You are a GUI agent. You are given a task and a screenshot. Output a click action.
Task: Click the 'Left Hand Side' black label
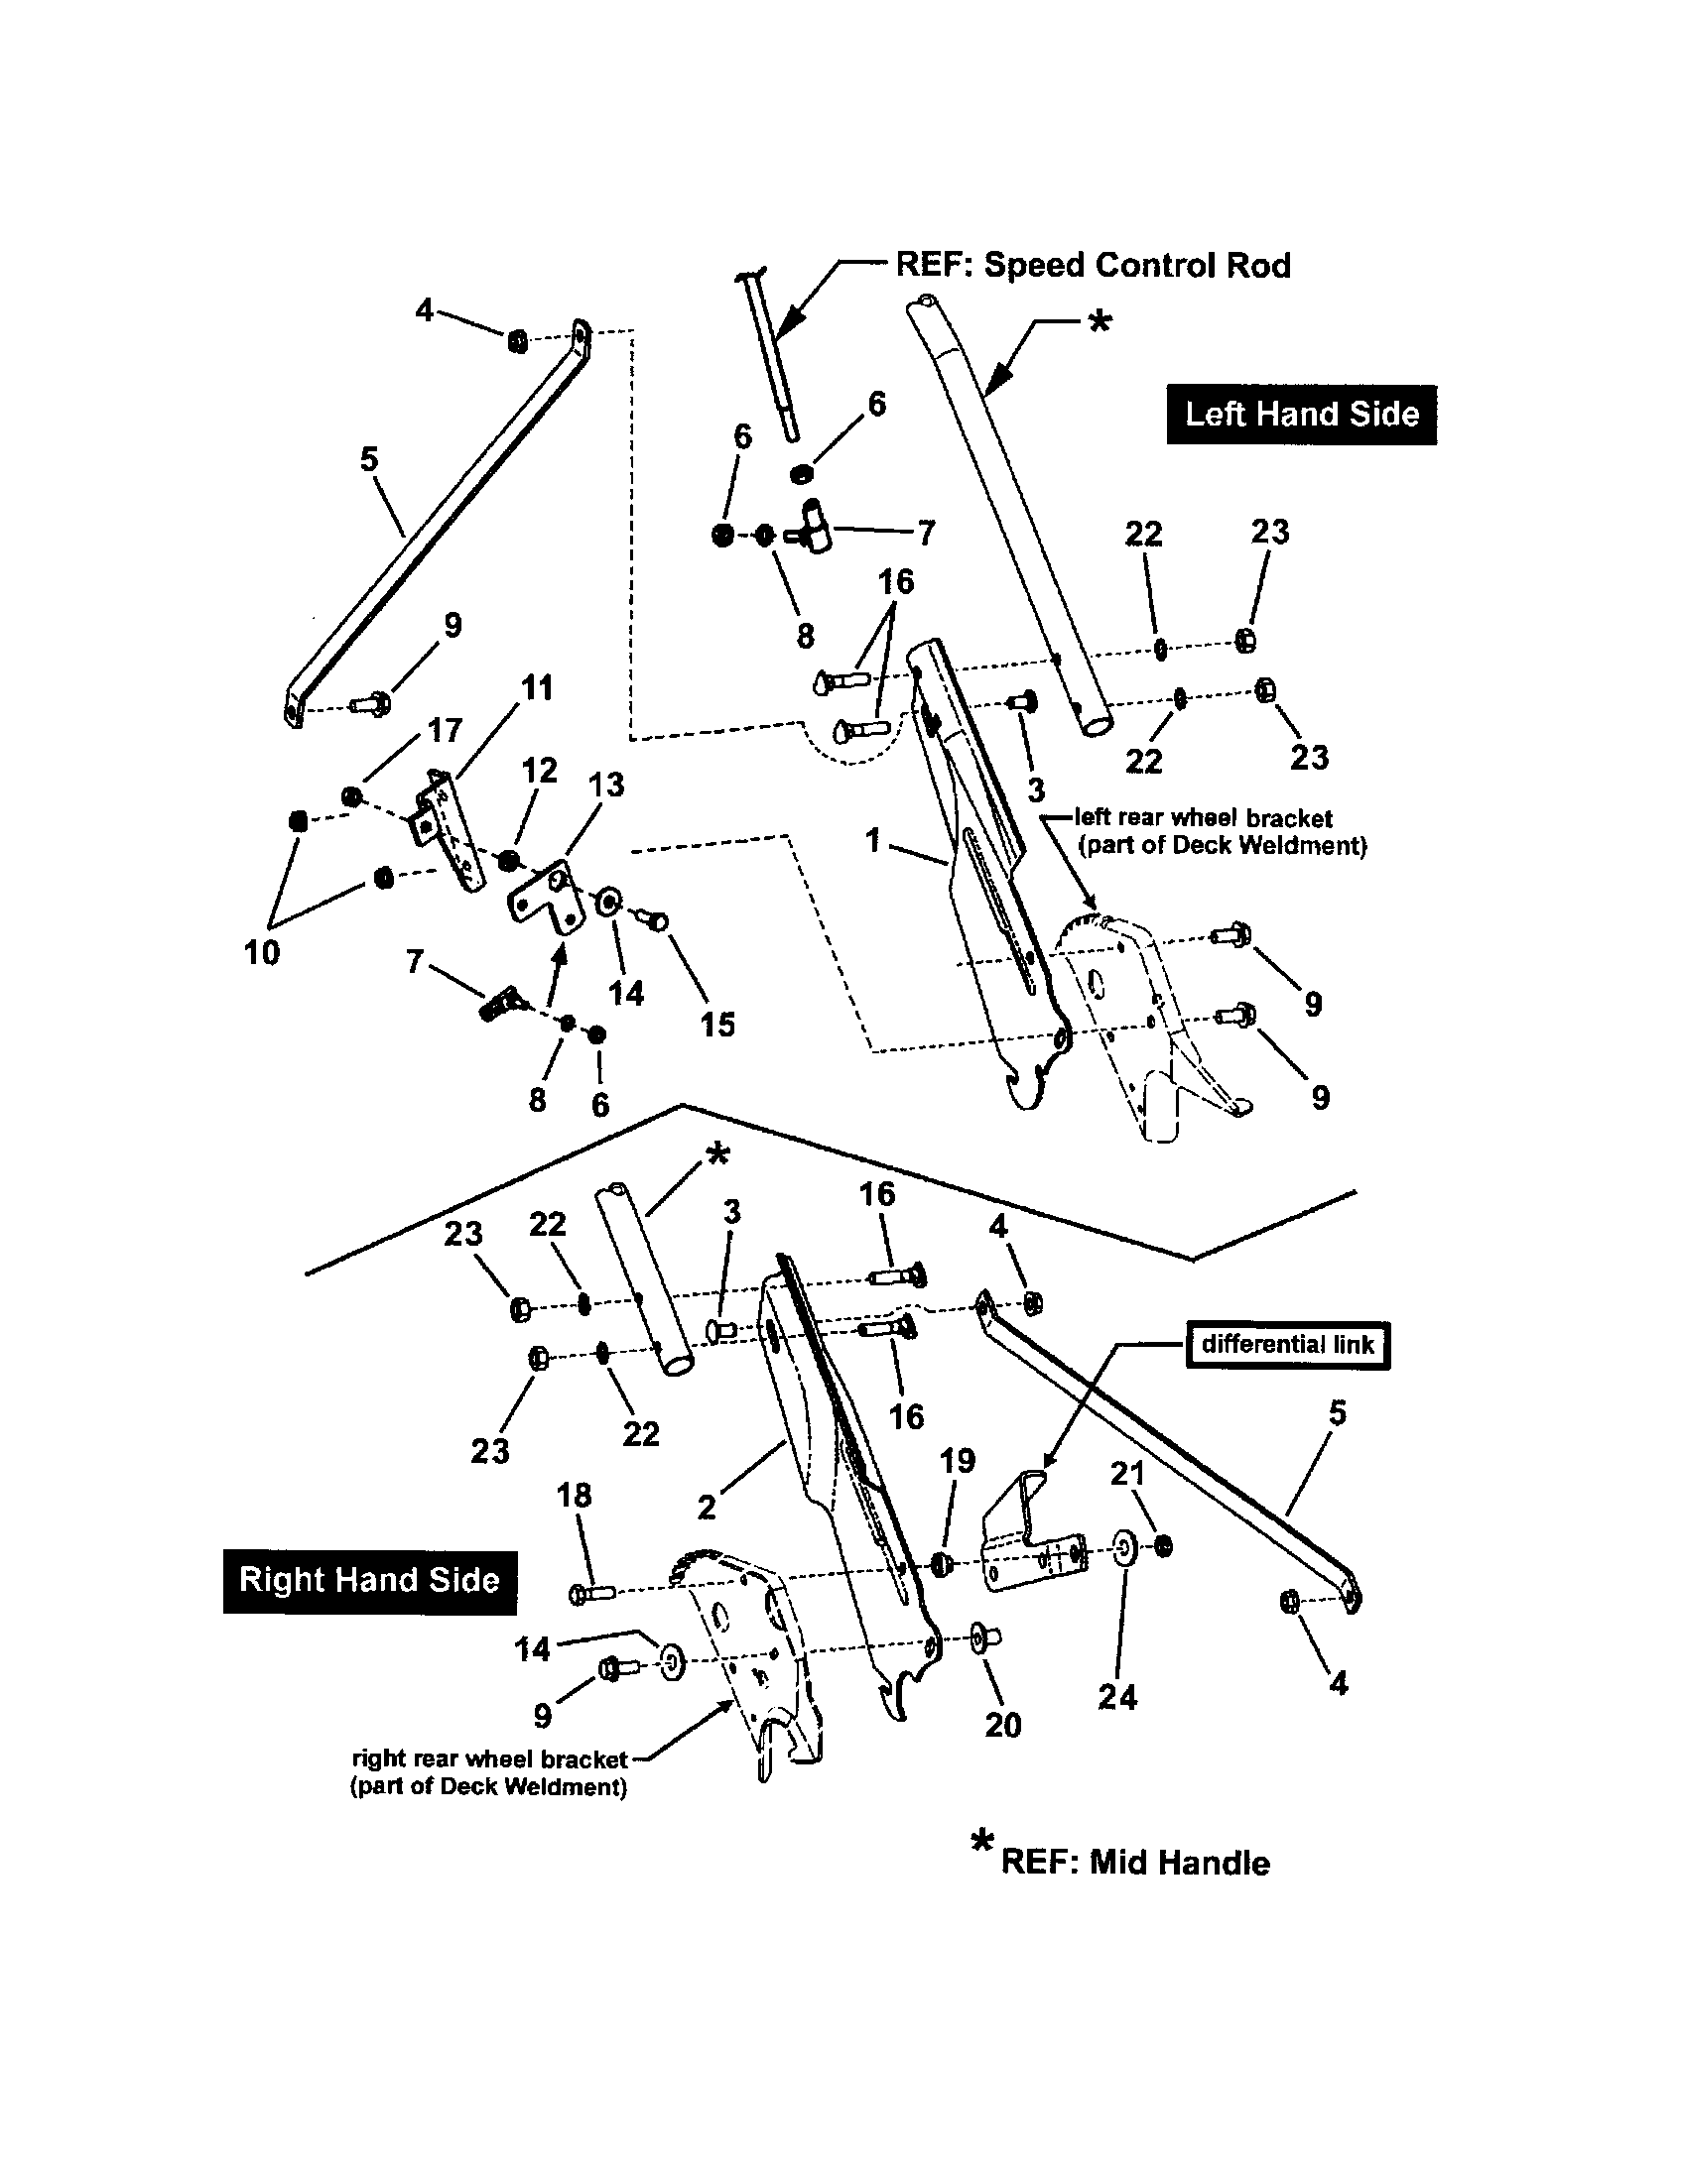[1301, 414]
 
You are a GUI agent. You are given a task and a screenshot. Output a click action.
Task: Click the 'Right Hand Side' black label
[369, 1580]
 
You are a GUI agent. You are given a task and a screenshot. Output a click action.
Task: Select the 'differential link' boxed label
[1287, 1344]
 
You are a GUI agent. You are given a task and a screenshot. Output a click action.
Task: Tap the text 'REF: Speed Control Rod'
[1093, 265]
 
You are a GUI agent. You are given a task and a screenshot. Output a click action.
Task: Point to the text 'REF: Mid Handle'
[1135, 1863]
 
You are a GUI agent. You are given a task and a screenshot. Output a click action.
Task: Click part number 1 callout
[872, 840]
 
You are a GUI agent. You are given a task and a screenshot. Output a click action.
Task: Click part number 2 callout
[707, 1508]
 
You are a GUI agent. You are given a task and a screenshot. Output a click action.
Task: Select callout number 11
[537, 687]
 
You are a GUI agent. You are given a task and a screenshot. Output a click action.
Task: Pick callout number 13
[605, 785]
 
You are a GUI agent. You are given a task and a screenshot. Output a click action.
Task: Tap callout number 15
[717, 1025]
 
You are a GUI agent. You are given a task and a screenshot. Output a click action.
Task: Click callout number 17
[445, 730]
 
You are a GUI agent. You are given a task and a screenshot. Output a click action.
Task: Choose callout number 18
[575, 1496]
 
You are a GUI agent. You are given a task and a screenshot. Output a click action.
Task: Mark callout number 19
[957, 1461]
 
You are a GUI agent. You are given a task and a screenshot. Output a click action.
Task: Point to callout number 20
[1003, 1725]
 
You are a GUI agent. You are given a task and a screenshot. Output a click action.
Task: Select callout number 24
[1117, 1696]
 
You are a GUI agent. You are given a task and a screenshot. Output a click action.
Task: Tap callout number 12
[540, 770]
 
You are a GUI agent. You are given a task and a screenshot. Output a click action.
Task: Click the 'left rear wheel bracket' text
[1203, 818]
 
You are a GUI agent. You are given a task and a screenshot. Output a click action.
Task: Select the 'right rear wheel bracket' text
[489, 1759]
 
